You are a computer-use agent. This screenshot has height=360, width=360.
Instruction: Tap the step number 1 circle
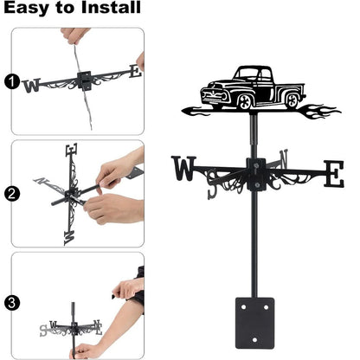coord(11,82)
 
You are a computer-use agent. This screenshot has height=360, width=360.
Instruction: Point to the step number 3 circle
coord(11,302)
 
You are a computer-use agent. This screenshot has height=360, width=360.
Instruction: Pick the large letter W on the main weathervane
coord(184,170)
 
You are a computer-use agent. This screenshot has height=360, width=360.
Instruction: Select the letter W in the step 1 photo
coord(32,85)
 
